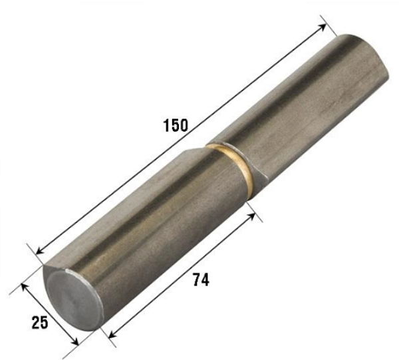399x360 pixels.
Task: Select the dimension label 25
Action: (x=39, y=323)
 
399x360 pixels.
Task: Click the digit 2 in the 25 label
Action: (x=34, y=323)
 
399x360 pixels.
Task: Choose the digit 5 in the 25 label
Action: (x=45, y=323)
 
